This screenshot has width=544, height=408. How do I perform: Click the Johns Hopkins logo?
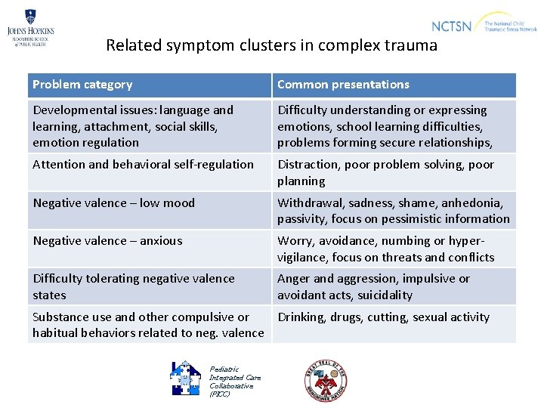pos(30,28)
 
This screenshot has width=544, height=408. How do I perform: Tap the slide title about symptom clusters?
pos(271,45)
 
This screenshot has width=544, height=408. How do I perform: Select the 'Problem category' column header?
pos(82,85)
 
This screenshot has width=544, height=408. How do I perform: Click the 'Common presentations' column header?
pos(343,85)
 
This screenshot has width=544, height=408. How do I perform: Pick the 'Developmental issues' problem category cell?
pos(133,126)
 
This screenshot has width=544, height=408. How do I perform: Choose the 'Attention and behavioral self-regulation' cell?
pos(143,165)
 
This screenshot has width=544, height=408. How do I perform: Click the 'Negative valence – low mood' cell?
pos(113,202)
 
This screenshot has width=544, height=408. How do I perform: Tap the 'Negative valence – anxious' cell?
pos(107,241)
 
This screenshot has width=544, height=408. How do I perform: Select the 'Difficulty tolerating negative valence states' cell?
pos(134,286)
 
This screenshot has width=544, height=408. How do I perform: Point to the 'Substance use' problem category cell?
pos(148,325)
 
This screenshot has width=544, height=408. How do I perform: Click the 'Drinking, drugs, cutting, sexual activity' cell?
pos(383,317)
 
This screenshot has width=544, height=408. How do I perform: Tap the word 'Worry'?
pos(295,241)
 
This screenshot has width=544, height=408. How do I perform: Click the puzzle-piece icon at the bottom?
pos(185,378)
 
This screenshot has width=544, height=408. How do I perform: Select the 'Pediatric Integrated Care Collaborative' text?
pos(234,382)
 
